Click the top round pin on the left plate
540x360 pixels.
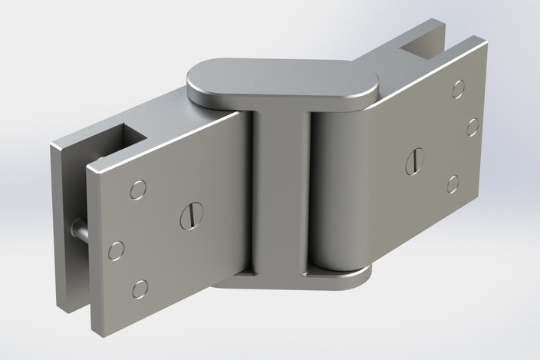coord(138,190)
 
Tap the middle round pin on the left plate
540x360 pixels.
coord(117,250)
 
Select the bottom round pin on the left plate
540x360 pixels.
coord(140,289)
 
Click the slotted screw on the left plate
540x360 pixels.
coord(191,215)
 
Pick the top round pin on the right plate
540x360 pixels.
coord(458,89)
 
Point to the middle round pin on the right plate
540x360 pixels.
coord(472,127)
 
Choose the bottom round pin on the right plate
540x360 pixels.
coord(453,183)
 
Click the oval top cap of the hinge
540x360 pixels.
coord(282,80)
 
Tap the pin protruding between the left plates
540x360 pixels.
coord(79,229)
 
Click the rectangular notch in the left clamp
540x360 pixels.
coord(128,143)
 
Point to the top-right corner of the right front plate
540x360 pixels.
coord(486,42)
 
